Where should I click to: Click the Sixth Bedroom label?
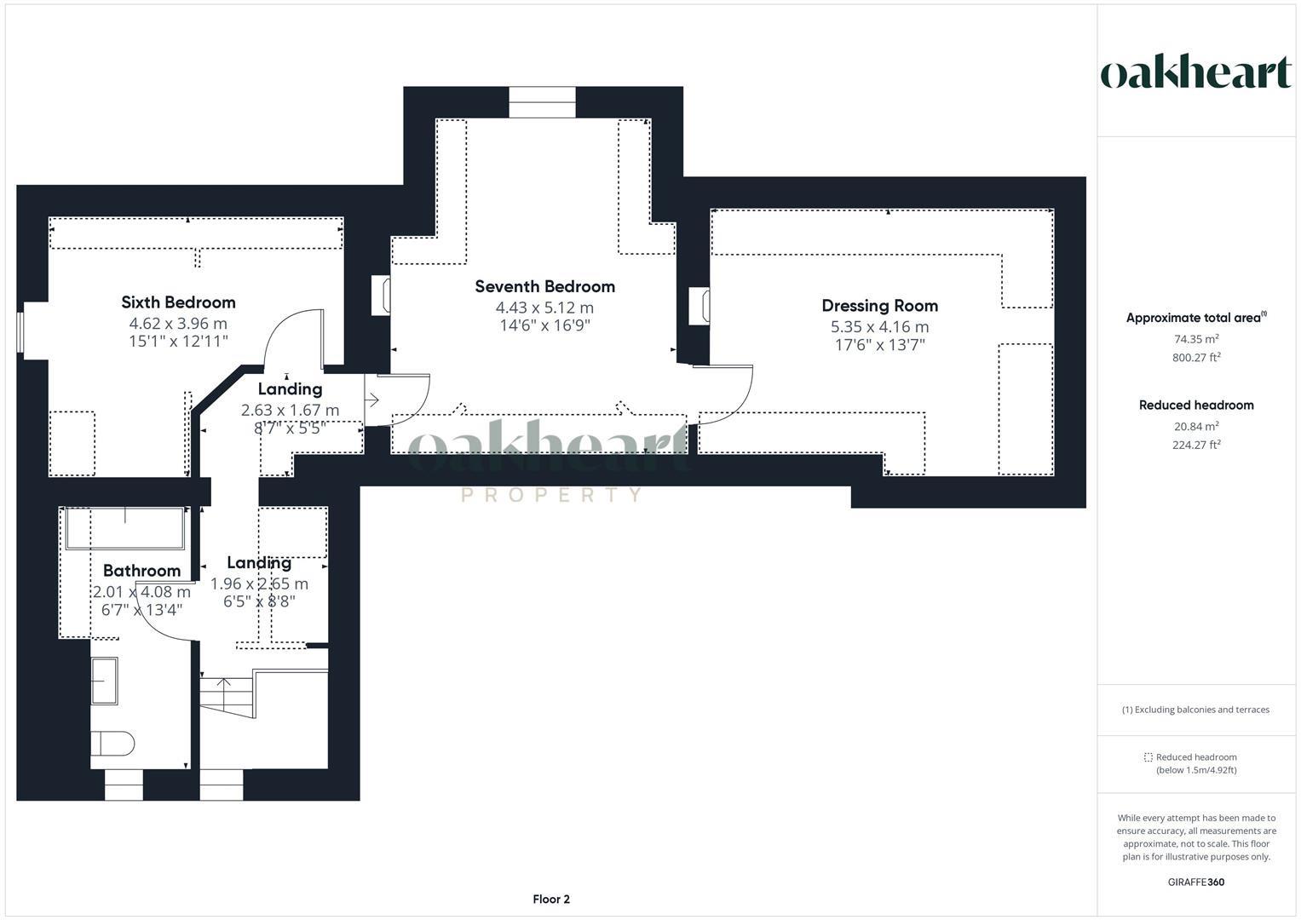[178, 302]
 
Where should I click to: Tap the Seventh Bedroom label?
[544, 286]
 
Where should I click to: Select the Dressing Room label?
[880, 306]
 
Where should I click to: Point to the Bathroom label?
[141, 571]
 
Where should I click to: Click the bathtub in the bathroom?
[125, 528]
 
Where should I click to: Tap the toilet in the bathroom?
[112, 743]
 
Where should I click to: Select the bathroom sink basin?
[105, 681]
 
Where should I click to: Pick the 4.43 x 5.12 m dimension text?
[544, 308]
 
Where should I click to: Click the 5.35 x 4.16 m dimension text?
[880, 327]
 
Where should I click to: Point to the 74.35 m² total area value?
[1196, 339]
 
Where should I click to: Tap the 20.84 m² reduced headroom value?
[1196, 426]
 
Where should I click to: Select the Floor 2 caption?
[551, 899]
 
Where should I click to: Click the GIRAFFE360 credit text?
[1196, 882]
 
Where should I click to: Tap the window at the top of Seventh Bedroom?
[543, 103]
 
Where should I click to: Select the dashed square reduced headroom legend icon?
[1148, 757]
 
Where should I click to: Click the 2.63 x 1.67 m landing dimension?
[290, 410]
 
